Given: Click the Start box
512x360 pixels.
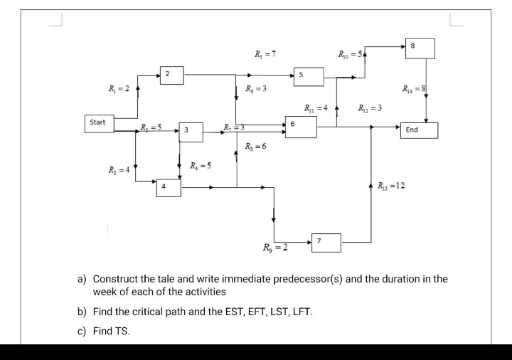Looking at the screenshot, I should (98, 123).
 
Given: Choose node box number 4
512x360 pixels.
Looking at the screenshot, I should (169, 187).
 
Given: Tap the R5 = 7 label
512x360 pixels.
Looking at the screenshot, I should (265, 54).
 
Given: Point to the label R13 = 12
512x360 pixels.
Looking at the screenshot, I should (391, 185).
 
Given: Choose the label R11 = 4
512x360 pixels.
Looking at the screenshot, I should (315, 108).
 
